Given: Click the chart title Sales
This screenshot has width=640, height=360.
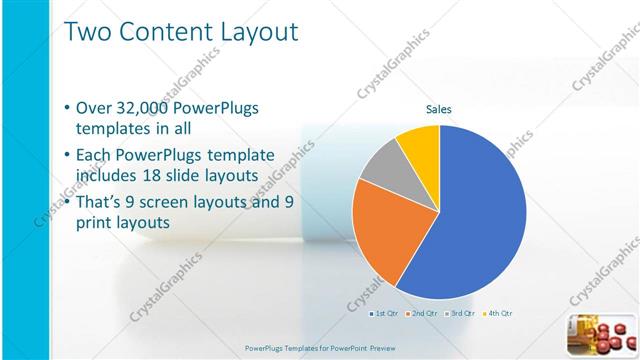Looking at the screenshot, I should (x=440, y=110).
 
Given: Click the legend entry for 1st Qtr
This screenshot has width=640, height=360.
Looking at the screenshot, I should (x=387, y=313).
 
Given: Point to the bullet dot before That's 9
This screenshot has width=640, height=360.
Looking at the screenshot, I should (x=66, y=203).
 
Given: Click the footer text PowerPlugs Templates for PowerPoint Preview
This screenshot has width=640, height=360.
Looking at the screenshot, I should (x=319, y=348).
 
